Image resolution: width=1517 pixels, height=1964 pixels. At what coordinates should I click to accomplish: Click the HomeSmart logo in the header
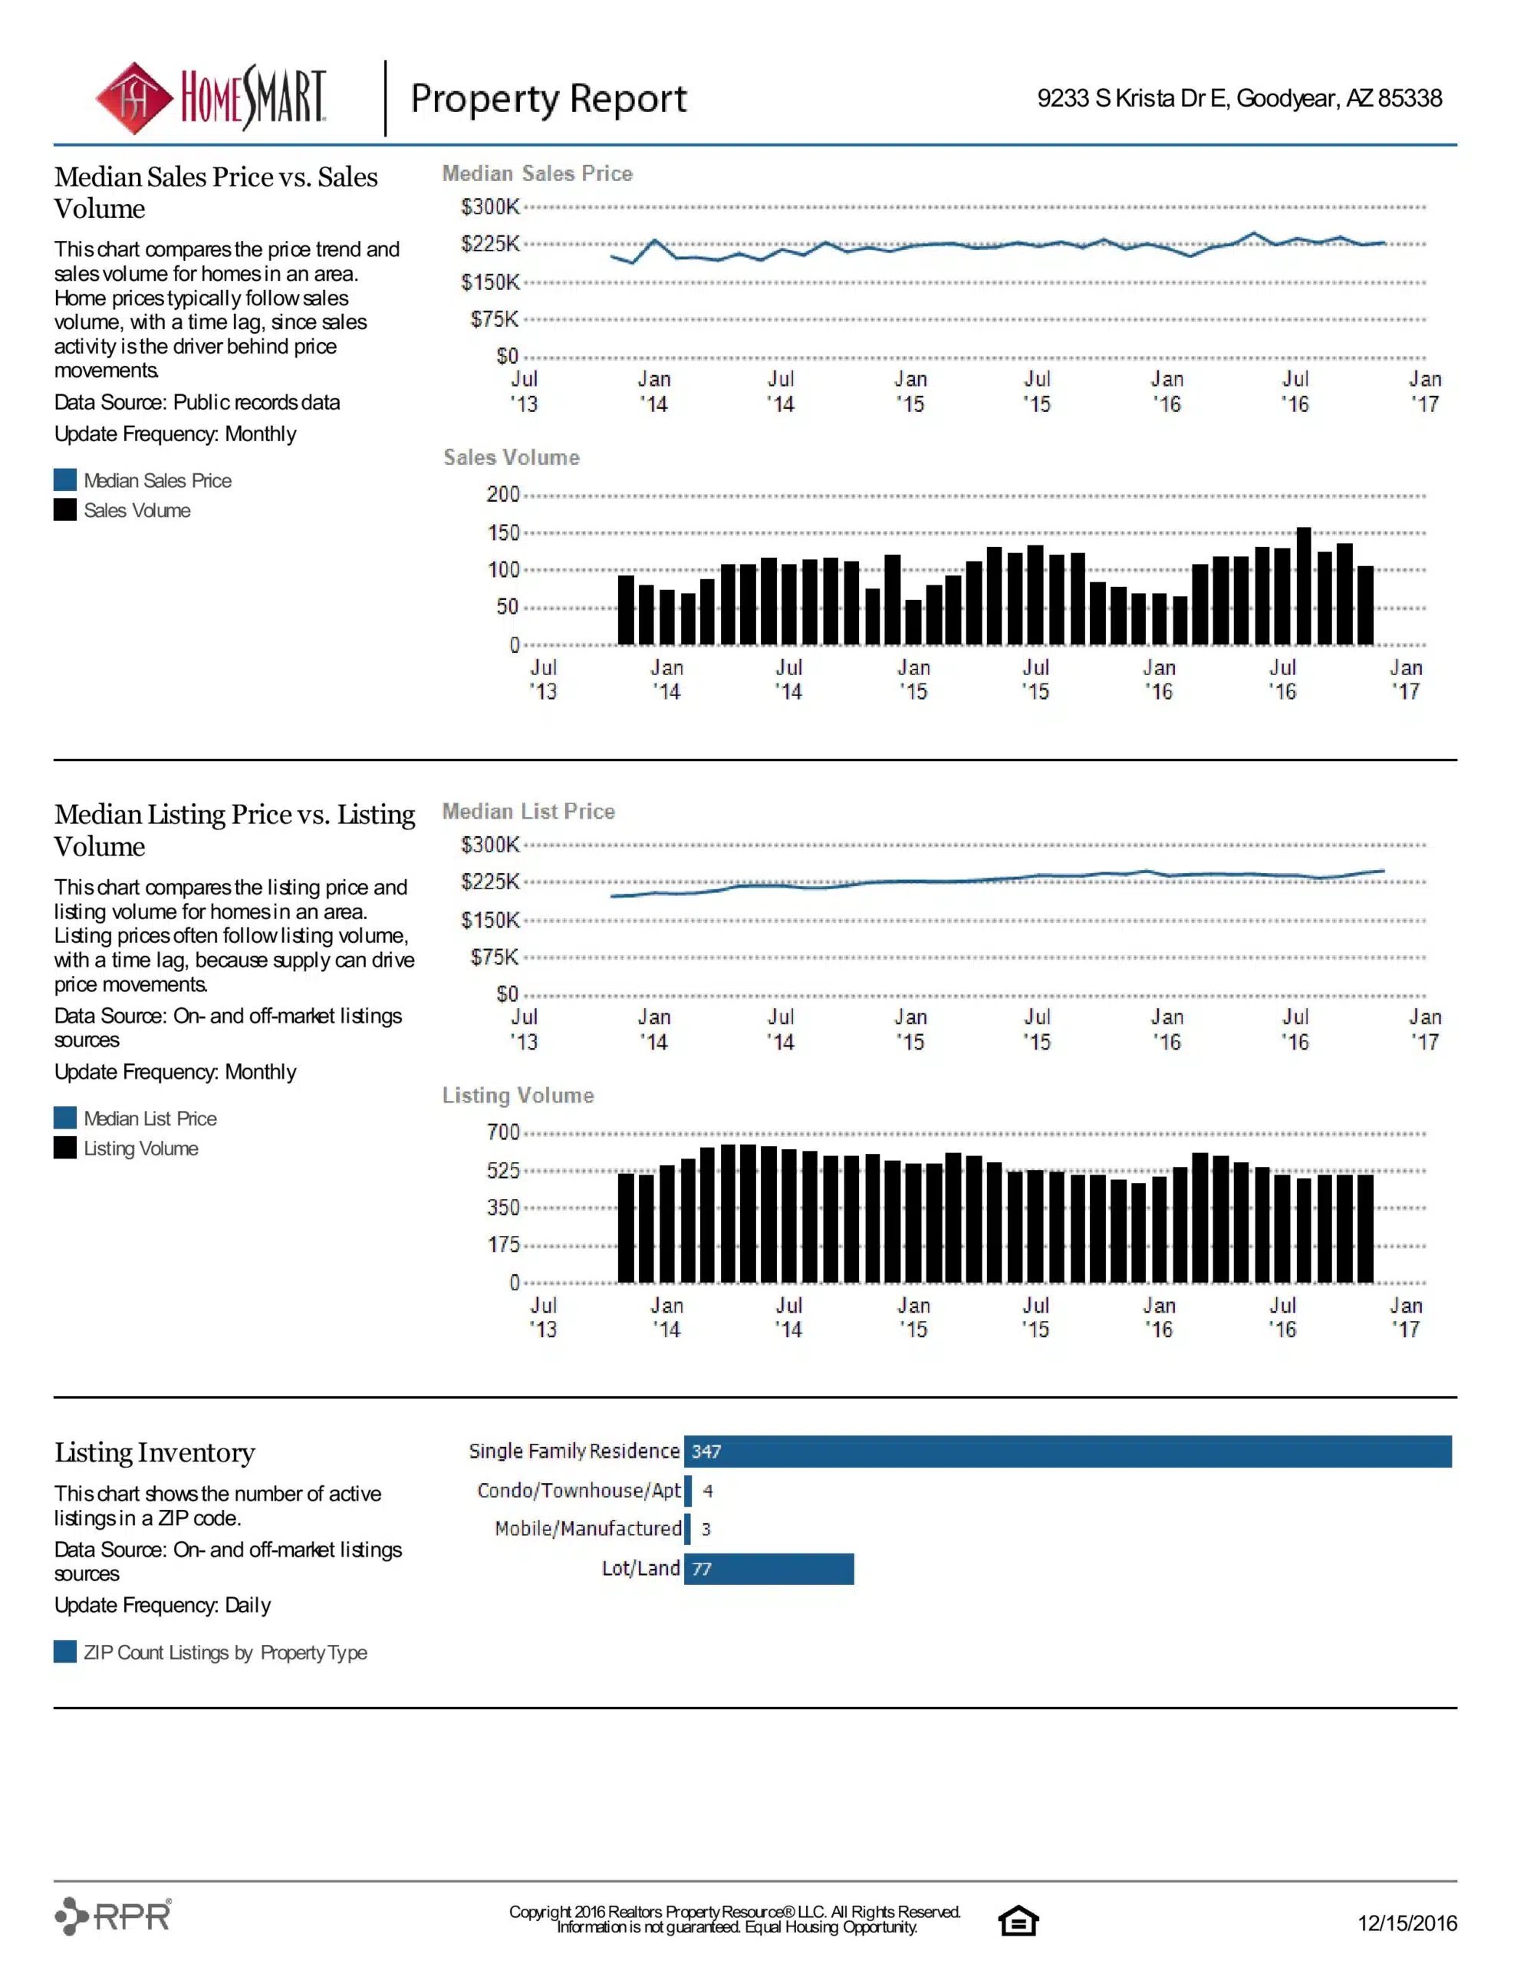pyautogui.click(x=212, y=98)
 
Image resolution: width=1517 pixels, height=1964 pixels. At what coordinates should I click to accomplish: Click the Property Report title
pyautogui.click(x=548, y=99)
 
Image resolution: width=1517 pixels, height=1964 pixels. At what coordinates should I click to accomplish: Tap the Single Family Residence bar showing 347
pyautogui.click(x=1068, y=1452)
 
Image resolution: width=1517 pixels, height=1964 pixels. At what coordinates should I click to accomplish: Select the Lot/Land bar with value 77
pyautogui.click(x=768, y=1568)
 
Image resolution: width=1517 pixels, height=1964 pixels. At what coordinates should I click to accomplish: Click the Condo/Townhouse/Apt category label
pyautogui.click(x=579, y=1490)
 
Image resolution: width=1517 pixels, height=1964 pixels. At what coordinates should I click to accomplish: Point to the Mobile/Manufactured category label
pyautogui.click(x=588, y=1529)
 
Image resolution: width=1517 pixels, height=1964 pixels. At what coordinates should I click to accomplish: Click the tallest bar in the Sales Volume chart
pyautogui.click(x=1303, y=586)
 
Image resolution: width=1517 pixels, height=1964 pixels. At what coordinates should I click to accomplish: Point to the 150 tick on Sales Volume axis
pyautogui.click(x=504, y=532)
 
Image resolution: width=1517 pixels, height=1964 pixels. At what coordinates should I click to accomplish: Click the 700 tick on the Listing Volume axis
pyautogui.click(x=504, y=1132)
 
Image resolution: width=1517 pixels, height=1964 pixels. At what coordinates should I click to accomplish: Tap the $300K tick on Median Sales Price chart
pyautogui.click(x=490, y=207)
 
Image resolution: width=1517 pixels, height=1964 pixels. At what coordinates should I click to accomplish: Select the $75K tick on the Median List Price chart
pyautogui.click(x=495, y=957)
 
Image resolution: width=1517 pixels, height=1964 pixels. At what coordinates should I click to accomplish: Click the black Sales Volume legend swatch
pyautogui.click(x=64, y=510)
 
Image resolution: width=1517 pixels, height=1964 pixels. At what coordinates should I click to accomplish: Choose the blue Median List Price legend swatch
pyautogui.click(x=64, y=1118)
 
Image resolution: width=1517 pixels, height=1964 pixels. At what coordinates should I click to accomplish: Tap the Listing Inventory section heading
pyautogui.click(x=155, y=1453)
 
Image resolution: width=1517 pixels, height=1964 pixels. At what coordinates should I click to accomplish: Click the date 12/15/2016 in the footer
pyautogui.click(x=1407, y=1923)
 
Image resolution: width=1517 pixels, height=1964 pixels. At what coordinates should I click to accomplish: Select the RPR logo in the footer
pyautogui.click(x=114, y=1916)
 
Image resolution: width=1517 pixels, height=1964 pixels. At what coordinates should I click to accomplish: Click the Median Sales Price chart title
pyautogui.click(x=537, y=173)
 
